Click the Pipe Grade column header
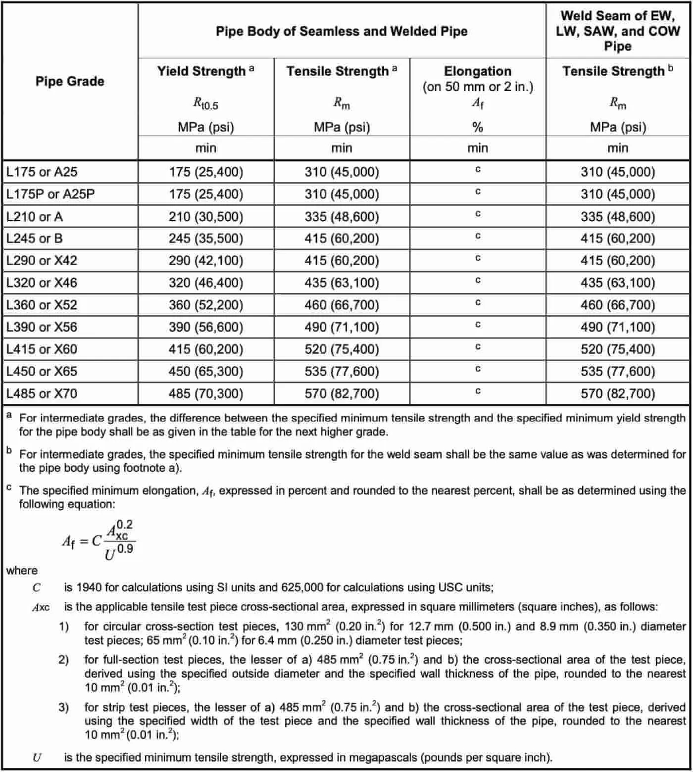(70, 81)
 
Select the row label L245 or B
(35, 239)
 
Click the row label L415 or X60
(42, 349)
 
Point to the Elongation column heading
(477, 71)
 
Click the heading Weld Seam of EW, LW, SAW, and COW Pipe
(617, 31)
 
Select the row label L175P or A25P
(50, 194)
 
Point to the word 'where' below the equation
(22, 571)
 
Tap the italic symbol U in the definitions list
(37, 757)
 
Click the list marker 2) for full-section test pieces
(64, 660)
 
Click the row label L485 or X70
(42, 394)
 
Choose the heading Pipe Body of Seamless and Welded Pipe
(342, 31)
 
